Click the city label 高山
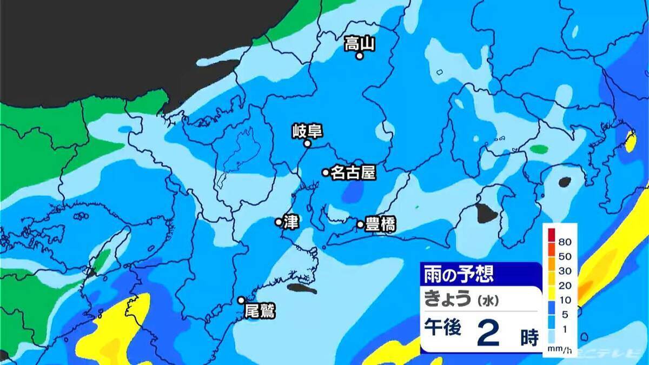click(360, 43)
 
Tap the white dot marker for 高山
click(359, 55)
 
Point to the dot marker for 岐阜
click(307, 144)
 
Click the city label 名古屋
click(352, 172)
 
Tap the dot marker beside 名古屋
click(326, 172)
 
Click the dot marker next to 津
click(279, 222)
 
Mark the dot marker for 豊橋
click(361, 224)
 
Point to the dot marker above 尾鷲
click(242, 300)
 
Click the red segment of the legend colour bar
click(551, 235)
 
